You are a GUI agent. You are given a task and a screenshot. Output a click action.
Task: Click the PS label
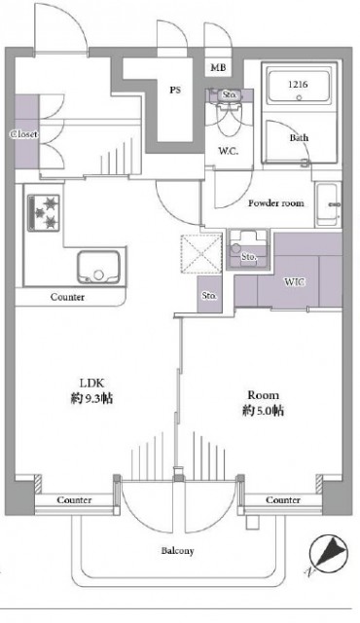(175, 90)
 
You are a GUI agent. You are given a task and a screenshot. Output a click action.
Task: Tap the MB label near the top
(219, 68)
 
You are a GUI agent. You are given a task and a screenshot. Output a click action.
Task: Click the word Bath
(299, 137)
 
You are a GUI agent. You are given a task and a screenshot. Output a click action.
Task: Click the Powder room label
(275, 203)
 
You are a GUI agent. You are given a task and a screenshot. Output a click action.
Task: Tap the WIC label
(295, 282)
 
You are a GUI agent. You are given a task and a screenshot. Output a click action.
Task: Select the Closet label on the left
(24, 133)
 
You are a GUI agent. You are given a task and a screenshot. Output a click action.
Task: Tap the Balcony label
(177, 551)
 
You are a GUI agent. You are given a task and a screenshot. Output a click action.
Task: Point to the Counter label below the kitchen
(67, 297)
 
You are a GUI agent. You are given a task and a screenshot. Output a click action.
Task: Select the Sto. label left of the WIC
(209, 294)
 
